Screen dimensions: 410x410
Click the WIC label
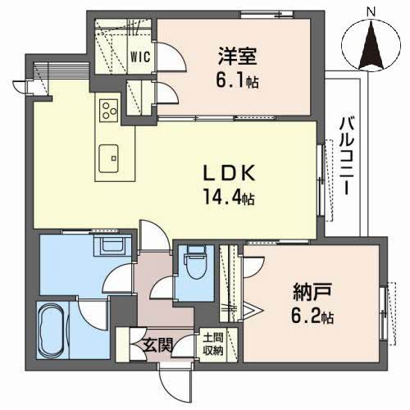click(x=139, y=57)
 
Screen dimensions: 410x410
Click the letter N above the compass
click(x=371, y=11)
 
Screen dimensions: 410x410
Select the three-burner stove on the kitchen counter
click(x=108, y=109)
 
